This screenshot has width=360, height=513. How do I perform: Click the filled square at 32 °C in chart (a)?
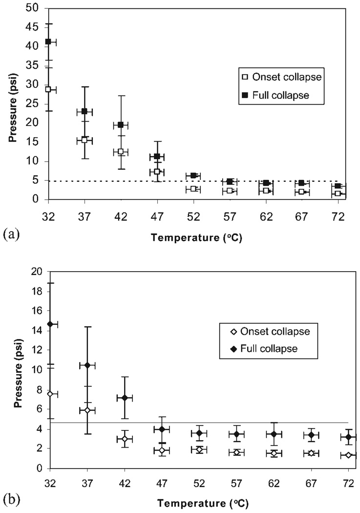tap(48, 42)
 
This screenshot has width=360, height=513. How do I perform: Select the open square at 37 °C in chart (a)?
tap(85, 140)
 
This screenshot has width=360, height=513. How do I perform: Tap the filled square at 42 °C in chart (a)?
tap(120, 125)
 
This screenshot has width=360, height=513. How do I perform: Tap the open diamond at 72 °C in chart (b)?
tap(348, 455)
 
